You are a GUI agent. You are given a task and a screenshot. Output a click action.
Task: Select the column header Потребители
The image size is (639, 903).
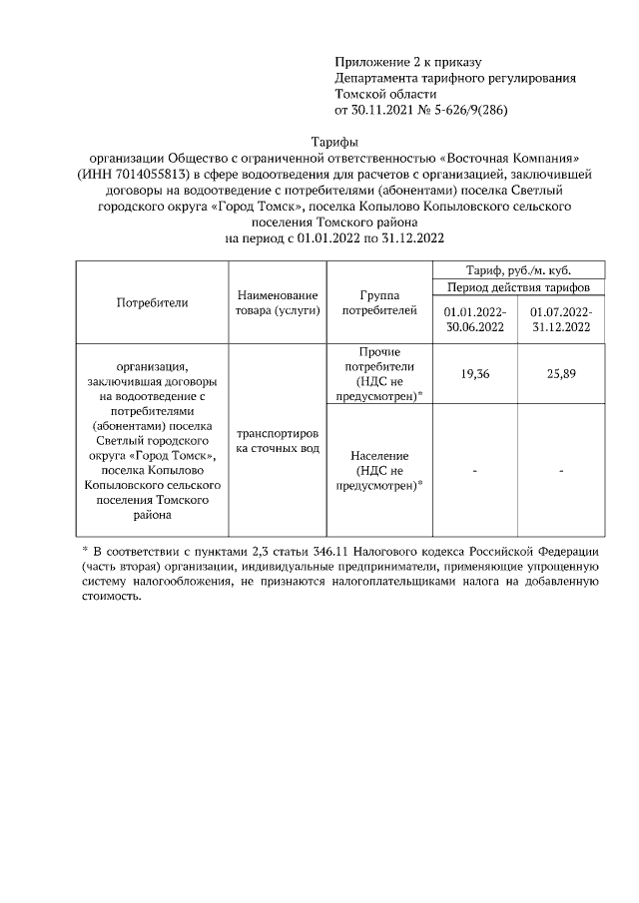(x=152, y=301)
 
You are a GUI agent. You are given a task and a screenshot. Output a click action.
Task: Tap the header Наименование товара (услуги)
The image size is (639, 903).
(x=279, y=302)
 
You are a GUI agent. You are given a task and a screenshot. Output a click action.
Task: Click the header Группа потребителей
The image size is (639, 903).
(x=378, y=302)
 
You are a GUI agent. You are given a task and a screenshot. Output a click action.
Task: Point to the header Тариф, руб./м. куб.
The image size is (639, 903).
(x=517, y=269)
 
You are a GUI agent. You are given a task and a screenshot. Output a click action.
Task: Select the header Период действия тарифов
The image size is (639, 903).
(x=517, y=287)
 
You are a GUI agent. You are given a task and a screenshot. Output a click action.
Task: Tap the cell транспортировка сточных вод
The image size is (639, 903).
(x=279, y=442)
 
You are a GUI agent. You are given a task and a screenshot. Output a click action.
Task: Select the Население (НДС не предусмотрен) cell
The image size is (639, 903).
(x=378, y=470)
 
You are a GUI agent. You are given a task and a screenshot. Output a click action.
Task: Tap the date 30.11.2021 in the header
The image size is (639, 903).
(x=385, y=110)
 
